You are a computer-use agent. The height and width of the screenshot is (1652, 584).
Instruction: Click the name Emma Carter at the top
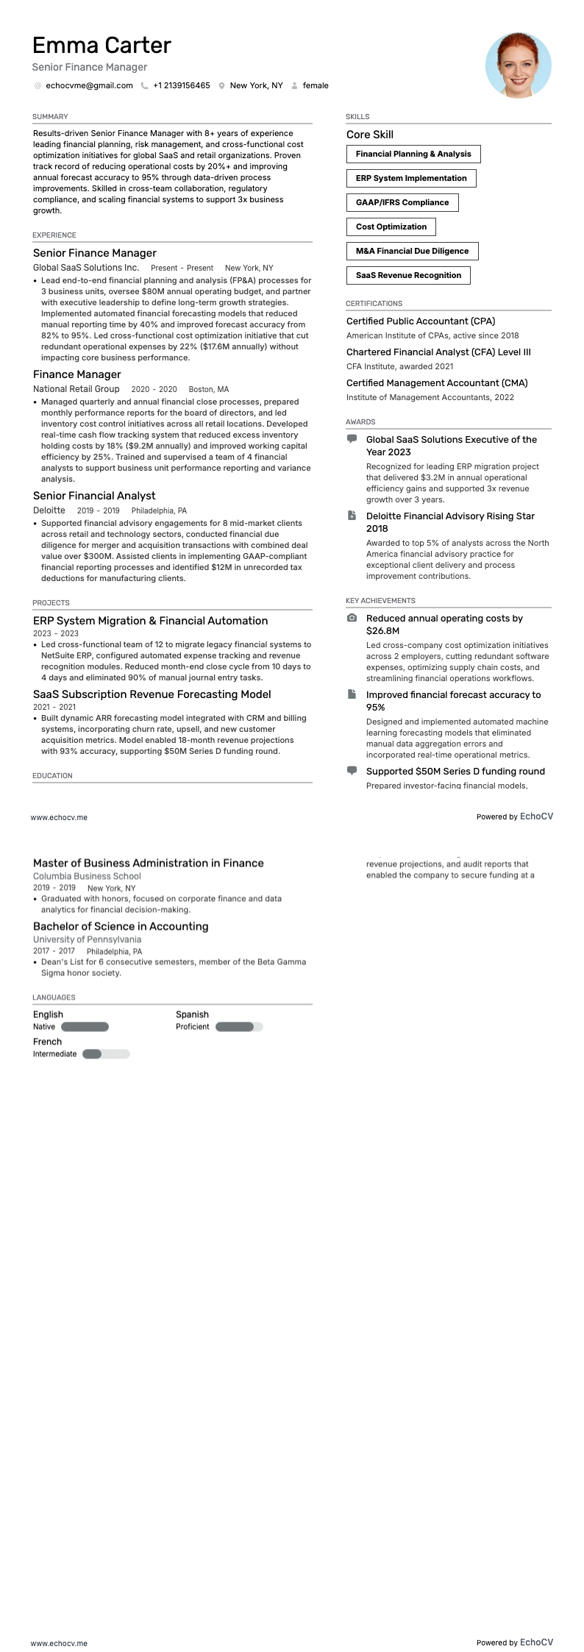click(102, 46)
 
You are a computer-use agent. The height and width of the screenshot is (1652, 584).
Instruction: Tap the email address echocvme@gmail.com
click(89, 85)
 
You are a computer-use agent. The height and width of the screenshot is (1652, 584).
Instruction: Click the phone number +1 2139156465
click(181, 85)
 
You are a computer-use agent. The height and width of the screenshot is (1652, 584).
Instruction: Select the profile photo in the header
click(518, 65)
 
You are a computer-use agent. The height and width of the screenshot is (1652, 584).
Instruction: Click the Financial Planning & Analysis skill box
click(413, 154)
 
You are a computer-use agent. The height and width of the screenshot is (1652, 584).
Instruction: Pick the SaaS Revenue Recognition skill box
click(408, 275)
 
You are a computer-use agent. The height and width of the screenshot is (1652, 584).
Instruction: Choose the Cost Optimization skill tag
click(391, 227)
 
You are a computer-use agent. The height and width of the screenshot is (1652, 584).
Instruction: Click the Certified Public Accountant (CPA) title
click(420, 321)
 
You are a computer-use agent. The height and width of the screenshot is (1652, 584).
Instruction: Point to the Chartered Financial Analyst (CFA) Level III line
click(438, 352)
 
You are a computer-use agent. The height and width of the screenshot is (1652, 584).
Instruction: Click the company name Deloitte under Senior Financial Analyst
click(49, 510)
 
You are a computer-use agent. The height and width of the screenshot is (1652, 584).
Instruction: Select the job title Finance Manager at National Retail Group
click(76, 374)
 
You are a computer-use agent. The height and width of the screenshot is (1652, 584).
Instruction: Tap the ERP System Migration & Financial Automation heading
click(150, 621)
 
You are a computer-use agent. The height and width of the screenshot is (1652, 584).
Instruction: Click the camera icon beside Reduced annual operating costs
click(352, 619)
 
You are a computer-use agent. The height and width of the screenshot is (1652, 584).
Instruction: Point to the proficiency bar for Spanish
click(238, 1027)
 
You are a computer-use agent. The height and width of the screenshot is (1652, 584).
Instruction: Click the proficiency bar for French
click(106, 1054)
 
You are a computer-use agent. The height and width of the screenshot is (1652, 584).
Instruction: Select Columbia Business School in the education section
click(87, 876)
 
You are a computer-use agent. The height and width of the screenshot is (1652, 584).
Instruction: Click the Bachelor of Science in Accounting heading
click(121, 927)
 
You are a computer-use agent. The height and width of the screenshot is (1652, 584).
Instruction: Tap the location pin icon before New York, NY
click(221, 86)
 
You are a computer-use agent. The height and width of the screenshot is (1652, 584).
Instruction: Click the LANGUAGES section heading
click(54, 997)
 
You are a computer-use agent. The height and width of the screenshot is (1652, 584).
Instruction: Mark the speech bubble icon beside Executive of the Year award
click(352, 439)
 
